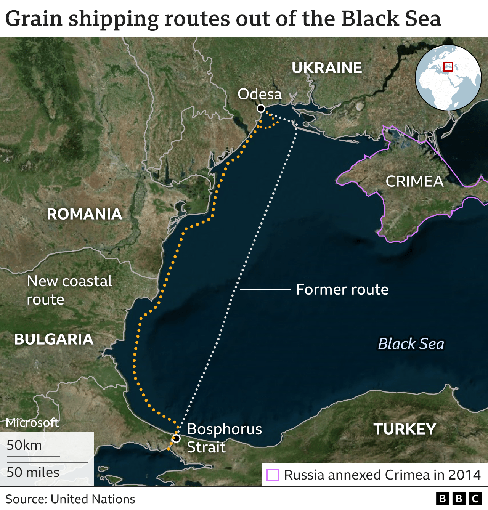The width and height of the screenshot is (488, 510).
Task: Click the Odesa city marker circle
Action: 261,109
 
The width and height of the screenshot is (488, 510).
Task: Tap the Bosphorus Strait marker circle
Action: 176,438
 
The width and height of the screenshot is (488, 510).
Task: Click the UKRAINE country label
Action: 327,68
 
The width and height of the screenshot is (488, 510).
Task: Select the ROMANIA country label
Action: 84,214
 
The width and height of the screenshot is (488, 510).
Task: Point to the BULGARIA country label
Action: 54,339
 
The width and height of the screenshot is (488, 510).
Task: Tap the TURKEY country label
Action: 405,429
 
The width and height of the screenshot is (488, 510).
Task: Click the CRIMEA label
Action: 414,181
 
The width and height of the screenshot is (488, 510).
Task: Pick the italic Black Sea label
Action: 411,344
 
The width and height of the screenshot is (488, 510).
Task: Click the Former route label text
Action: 342,290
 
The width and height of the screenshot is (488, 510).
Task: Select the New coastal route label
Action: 69,290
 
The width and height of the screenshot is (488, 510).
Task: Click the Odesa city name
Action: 260,94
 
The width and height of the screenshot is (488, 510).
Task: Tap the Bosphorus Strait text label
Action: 224,438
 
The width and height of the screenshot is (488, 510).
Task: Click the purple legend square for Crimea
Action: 272,475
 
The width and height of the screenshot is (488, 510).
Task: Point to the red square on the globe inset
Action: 448,66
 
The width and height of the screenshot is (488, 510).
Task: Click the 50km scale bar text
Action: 24,445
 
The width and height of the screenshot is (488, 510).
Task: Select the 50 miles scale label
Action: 33,473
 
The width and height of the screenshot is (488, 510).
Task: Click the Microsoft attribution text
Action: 32,422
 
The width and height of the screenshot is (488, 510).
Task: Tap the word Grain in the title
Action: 34,19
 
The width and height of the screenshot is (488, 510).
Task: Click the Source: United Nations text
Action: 71,499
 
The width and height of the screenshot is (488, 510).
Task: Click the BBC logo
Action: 459,499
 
